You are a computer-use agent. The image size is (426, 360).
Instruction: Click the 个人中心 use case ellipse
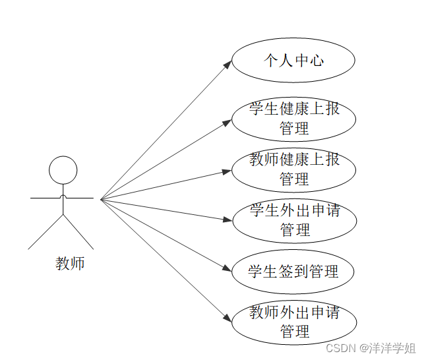click(x=293, y=61)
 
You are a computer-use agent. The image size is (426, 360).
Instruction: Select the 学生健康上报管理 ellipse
click(x=293, y=119)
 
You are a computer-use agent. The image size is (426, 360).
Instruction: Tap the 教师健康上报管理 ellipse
click(x=293, y=169)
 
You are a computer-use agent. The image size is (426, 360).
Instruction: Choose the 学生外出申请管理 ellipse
click(x=293, y=221)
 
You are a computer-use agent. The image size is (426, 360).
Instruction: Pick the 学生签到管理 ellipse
click(x=293, y=271)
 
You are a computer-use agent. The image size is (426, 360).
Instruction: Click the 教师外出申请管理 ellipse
click(x=293, y=322)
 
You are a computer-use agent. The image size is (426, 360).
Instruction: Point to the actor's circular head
click(x=63, y=170)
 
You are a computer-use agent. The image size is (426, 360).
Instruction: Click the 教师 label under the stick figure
click(x=70, y=264)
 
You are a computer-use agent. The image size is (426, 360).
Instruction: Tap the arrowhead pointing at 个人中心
click(x=228, y=64)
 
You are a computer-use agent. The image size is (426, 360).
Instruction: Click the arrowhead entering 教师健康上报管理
click(x=228, y=171)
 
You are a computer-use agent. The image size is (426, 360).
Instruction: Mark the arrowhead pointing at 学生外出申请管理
click(x=228, y=219)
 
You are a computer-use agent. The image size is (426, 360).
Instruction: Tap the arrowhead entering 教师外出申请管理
click(x=228, y=318)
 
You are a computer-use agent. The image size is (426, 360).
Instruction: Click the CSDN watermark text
click(x=341, y=348)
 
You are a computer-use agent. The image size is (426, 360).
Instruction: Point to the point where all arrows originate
click(x=101, y=198)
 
